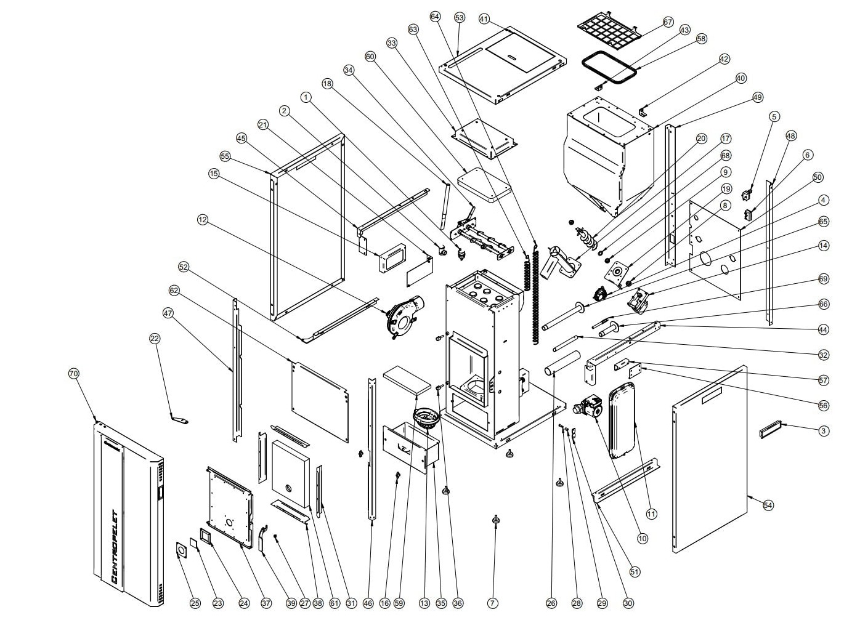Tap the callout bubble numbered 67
click(668, 22)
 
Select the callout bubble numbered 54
click(768, 505)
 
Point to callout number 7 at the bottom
click(493, 603)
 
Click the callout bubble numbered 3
click(824, 431)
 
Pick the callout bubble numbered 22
click(155, 338)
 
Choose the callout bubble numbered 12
click(203, 219)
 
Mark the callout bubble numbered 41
click(484, 19)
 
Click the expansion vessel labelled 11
click(623, 422)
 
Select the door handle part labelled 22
click(179, 421)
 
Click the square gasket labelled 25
click(182, 550)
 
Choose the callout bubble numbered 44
click(824, 330)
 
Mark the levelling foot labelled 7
click(495, 521)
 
